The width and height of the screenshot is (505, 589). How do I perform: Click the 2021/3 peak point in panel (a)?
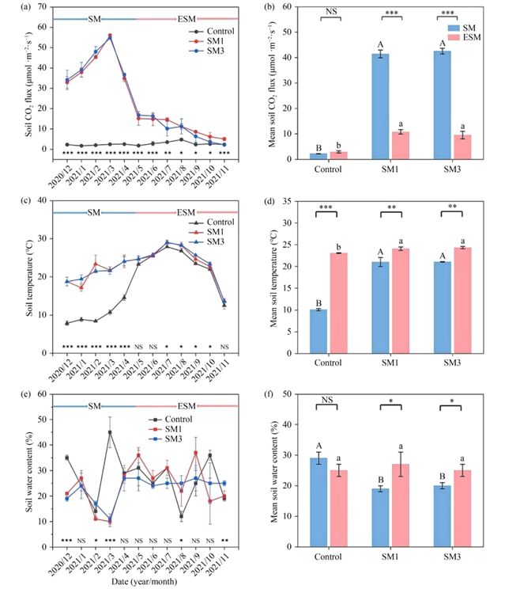coord(109,36)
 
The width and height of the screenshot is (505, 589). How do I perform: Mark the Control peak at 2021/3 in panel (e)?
coord(109,432)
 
